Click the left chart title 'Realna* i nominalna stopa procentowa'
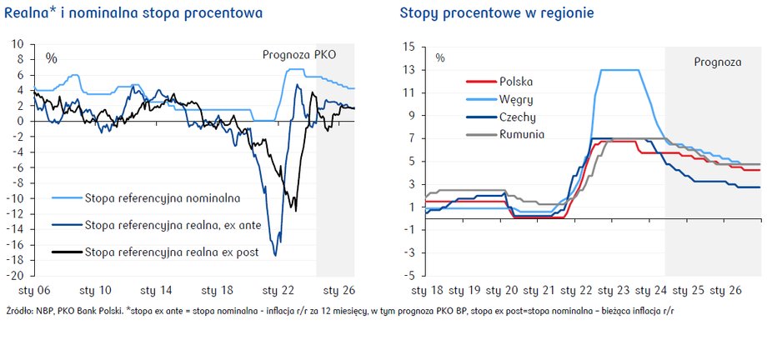point(133,13)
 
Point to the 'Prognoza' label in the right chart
point(718,62)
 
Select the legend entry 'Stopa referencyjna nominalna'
point(163,198)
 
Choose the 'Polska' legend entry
point(516,82)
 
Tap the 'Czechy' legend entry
point(518,117)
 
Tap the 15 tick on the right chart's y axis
point(409,47)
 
